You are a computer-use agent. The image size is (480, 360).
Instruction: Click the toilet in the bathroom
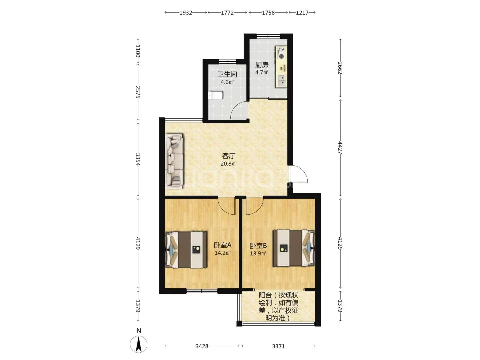pyautogui.click(x=215, y=95)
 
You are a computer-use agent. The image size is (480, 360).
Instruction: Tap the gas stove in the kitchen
pyautogui.click(x=281, y=53)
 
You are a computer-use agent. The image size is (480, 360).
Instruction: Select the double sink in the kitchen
pyautogui.click(x=281, y=80)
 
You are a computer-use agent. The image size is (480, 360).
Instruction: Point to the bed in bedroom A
pyautogui.click(x=186, y=249)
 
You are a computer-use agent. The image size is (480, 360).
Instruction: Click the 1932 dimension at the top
pyautogui.click(x=186, y=13)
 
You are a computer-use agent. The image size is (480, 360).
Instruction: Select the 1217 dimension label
pyautogui.click(x=302, y=13)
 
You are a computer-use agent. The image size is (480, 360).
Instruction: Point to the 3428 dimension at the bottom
pyautogui.click(x=202, y=346)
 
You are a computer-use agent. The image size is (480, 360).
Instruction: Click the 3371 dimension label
pyautogui.click(x=278, y=346)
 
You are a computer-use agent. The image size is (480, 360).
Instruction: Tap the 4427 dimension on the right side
pyautogui.click(x=340, y=148)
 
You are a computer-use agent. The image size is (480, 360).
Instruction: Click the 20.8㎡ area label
pyautogui.click(x=229, y=163)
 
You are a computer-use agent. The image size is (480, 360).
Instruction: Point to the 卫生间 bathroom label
pyautogui.click(x=227, y=74)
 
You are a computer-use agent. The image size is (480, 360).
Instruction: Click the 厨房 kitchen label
pyautogui.click(x=262, y=65)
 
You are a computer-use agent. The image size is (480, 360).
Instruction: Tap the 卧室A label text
pyautogui.click(x=223, y=245)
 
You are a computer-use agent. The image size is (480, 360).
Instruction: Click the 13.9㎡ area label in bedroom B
pyautogui.click(x=258, y=254)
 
